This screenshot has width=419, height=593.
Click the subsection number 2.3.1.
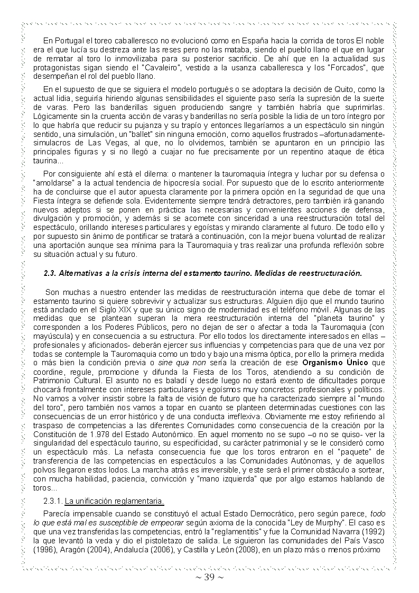(53, 501)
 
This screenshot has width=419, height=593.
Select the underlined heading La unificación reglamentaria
(115, 501)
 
